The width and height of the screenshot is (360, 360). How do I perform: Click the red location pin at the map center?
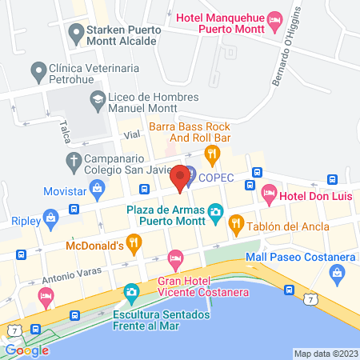tap(180, 177)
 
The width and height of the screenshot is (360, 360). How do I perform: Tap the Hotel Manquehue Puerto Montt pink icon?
tap(274, 17)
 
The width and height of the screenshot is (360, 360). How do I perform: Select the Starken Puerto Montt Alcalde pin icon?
tap(77, 33)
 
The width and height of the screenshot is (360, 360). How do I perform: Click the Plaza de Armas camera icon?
tap(214, 212)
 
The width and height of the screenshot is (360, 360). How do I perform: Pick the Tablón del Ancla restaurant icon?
tap(236, 224)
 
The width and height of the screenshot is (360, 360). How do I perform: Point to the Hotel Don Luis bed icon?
tap(270, 193)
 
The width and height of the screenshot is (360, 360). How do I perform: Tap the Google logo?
tap(26, 350)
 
